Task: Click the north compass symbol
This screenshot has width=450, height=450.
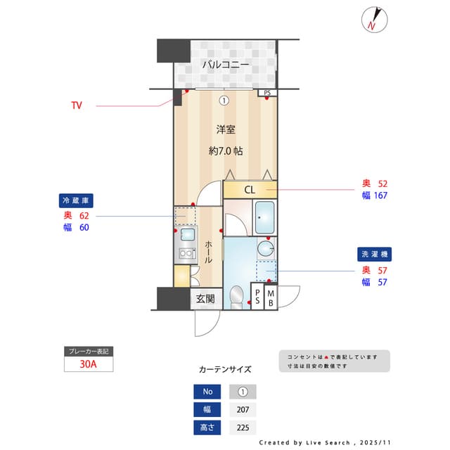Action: tap(373, 20)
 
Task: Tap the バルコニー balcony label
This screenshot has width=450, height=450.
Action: tap(225, 65)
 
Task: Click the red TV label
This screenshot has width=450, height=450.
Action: tap(76, 105)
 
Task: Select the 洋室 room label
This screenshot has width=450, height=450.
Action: tap(225, 129)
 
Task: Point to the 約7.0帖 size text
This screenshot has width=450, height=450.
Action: tap(225, 150)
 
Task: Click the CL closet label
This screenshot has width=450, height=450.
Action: tap(250, 190)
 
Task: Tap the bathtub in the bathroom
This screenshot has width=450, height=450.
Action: tap(264, 218)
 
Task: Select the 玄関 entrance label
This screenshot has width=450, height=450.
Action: tap(205, 299)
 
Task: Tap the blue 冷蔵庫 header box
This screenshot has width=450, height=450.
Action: tap(77, 200)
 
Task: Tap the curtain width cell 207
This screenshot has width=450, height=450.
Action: tap(243, 410)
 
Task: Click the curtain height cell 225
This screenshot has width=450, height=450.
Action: tap(243, 427)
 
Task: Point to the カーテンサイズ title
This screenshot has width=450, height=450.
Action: tap(225, 369)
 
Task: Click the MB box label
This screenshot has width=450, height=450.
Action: tap(271, 298)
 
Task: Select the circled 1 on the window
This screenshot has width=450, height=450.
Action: tap(224, 100)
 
